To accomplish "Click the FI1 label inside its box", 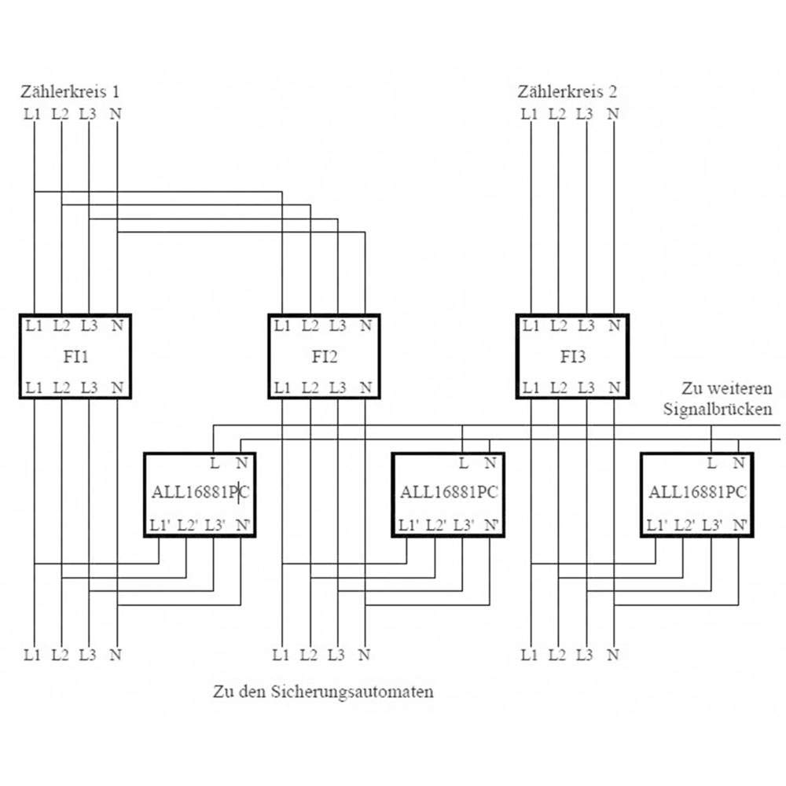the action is [x=75, y=357].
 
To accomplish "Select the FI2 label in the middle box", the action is [x=325, y=357].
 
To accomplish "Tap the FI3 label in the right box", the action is [x=572, y=357].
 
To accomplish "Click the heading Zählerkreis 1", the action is [x=70, y=92].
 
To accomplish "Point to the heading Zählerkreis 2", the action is [x=567, y=92].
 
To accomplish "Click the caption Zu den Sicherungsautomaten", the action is [x=323, y=692].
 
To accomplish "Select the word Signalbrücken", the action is [x=718, y=409].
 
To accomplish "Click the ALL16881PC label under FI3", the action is [x=698, y=492].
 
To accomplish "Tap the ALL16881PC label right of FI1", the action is [x=200, y=492].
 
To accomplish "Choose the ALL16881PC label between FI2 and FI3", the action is [x=449, y=492].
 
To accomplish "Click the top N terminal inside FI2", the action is [x=366, y=326].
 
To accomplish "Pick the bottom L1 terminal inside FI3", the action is [x=531, y=388].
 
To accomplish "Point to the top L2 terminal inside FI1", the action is [x=61, y=326].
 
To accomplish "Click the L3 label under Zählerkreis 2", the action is [x=585, y=114].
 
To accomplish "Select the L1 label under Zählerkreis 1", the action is [x=32, y=114].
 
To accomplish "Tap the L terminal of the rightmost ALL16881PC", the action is [x=711, y=463].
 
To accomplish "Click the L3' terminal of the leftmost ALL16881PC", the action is [x=215, y=525].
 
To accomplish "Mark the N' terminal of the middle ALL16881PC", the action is [x=491, y=525].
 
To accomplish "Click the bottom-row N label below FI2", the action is [x=365, y=655].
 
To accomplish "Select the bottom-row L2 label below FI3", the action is [x=557, y=655].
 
